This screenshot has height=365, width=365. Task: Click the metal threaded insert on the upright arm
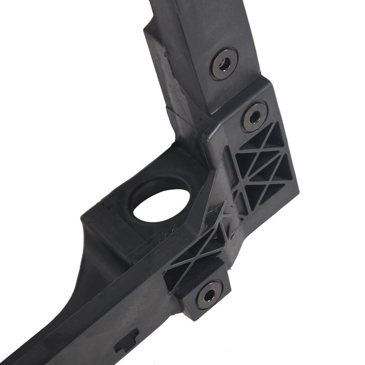225,63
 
